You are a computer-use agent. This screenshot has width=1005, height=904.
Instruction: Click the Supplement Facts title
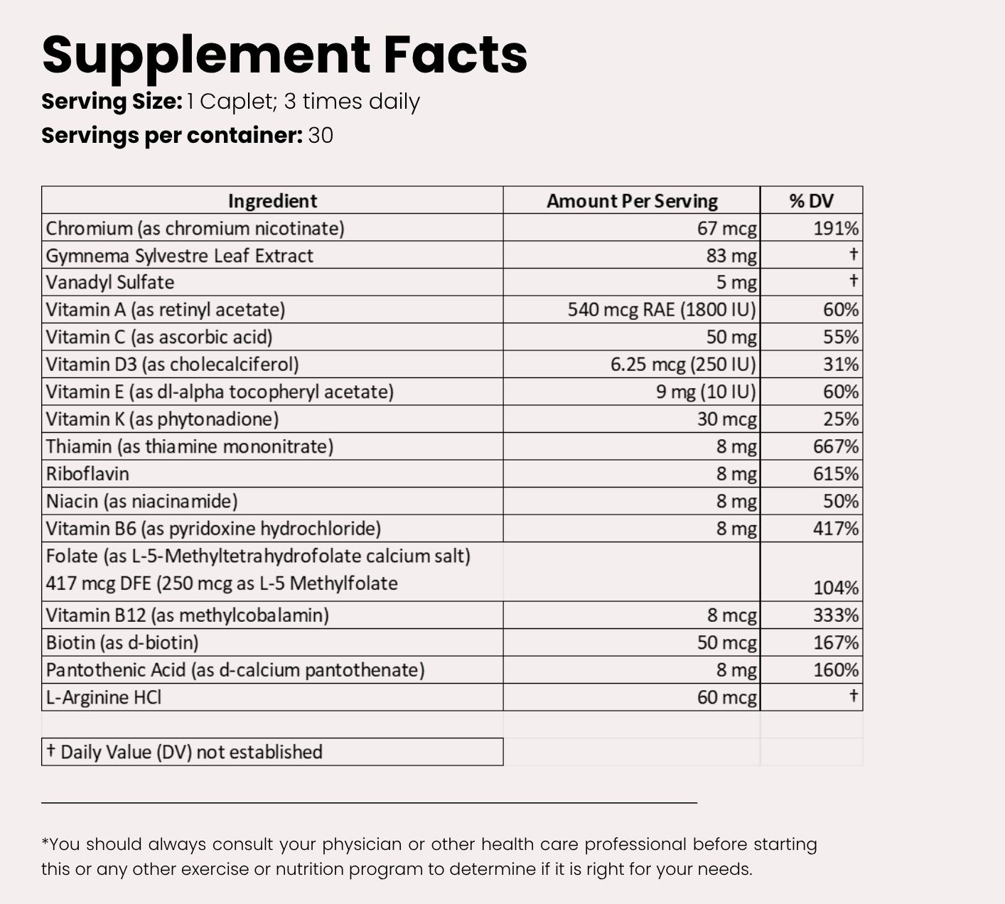(x=284, y=55)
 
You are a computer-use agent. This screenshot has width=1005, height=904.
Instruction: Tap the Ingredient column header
(x=272, y=201)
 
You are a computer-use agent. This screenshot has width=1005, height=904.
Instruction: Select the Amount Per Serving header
(x=632, y=201)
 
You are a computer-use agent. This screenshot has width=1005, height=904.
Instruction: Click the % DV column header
(x=811, y=201)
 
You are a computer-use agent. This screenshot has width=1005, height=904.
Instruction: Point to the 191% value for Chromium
(x=836, y=229)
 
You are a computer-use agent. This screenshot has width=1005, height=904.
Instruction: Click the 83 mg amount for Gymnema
(x=731, y=256)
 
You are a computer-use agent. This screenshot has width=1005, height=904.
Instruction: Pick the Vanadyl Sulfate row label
(x=110, y=283)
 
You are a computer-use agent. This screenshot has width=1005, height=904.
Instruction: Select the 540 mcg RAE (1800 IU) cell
(x=662, y=310)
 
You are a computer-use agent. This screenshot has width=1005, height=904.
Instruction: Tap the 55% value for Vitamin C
(x=841, y=337)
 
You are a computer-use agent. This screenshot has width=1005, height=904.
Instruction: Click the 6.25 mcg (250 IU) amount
(x=683, y=365)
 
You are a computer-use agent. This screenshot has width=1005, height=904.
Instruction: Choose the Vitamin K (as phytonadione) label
(x=162, y=419)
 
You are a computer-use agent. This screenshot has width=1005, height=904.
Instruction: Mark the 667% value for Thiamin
(x=836, y=447)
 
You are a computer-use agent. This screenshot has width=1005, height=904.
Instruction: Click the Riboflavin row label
(x=87, y=474)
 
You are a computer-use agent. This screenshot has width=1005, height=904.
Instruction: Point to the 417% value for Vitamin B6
(x=836, y=529)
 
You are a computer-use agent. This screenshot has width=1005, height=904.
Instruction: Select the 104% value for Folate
(x=836, y=588)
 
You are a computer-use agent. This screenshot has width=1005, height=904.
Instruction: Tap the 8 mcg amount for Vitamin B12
(x=732, y=615)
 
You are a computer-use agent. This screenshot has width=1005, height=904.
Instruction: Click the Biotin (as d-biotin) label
(x=122, y=643)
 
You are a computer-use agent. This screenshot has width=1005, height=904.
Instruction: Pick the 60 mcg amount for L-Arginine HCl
(x=726, y=698)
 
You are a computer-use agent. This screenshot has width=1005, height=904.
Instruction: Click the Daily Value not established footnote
(x=185, y=752)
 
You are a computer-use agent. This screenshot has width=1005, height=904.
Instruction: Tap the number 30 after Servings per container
(x=321, y=136)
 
